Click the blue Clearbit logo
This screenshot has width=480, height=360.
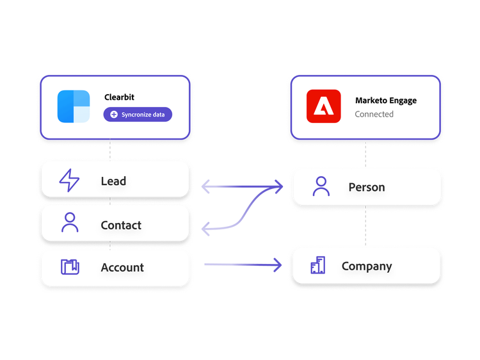(74, 106)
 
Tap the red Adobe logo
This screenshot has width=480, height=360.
(323, 106)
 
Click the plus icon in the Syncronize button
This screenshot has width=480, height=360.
(114, 115)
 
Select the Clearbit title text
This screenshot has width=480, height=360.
(119, 97)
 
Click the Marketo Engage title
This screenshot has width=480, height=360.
(385, 101)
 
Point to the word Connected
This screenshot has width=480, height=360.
(374, 114)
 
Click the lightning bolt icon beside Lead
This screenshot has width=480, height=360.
(69, 181)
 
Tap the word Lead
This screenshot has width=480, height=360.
(113, 181)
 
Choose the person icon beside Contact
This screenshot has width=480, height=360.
(69, 223)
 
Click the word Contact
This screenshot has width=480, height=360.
(121, 225)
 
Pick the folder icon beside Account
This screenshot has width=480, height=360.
(69, 266)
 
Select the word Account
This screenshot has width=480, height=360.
(122, 268)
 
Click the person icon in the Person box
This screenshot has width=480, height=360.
(321, 186)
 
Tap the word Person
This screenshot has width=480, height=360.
(367, 188)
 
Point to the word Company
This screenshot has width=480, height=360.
(367, 266)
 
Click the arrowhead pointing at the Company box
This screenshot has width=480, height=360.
(278, 264)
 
